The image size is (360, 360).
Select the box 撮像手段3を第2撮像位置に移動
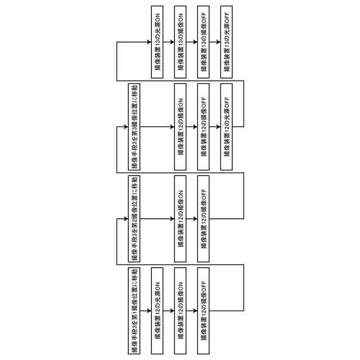pos(135,219)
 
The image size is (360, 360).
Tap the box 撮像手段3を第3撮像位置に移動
pos(135,127)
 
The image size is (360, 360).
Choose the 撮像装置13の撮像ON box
pos(181,42)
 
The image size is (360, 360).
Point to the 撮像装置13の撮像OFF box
pos(204,42)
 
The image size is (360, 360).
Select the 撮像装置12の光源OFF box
pos(226,127)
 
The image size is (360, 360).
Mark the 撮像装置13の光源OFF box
pos(227,42)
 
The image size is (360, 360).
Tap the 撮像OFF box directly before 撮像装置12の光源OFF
pos(204,127)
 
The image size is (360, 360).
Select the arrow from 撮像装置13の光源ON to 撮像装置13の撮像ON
pos(169,42)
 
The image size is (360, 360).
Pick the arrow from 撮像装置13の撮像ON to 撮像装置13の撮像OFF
pos(192,42)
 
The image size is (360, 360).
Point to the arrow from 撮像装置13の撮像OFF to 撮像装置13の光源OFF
pos(215,42)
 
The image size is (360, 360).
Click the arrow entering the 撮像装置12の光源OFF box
pos(215,127)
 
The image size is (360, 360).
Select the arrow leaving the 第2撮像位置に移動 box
pos(157,219)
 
